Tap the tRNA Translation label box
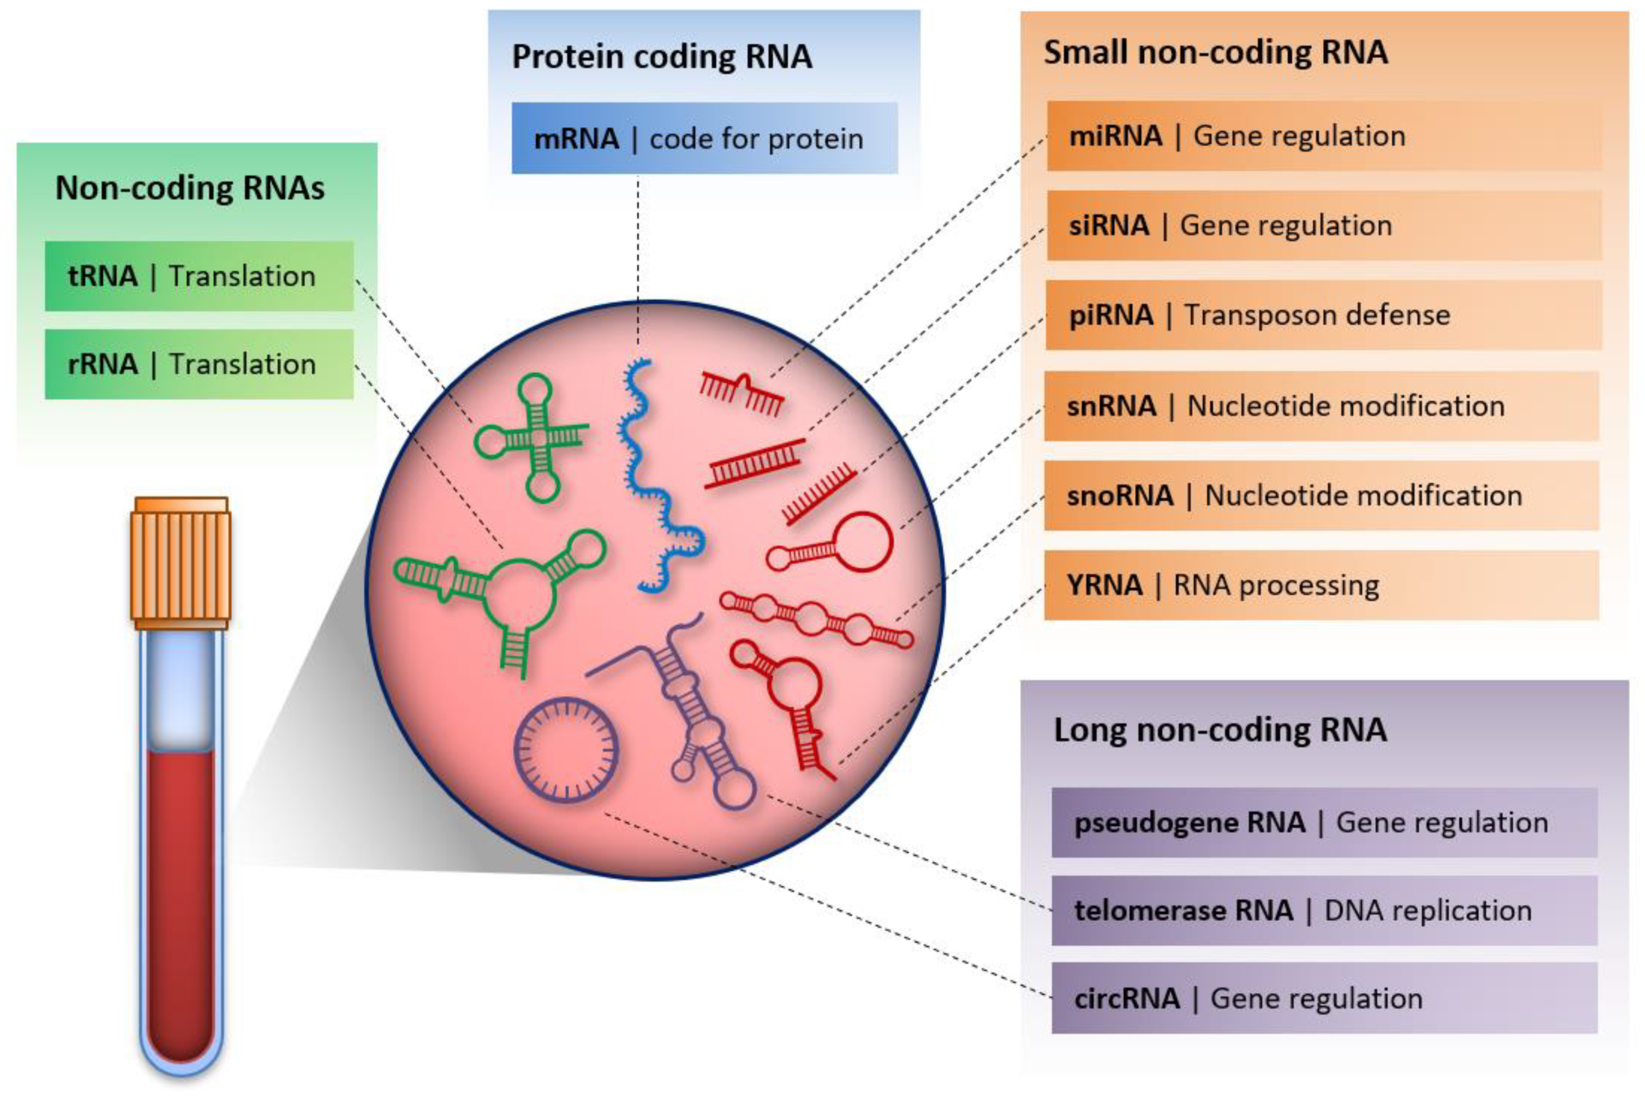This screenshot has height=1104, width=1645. tap(199, 276)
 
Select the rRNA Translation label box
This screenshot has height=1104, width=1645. tap(199, 364)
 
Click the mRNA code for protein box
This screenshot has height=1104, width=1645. tap(704, 139)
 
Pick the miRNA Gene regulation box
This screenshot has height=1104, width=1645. tap(1323, 136)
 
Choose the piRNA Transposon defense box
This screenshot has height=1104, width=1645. tap(1323, 315)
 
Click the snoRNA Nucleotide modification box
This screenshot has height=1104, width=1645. tap(1321, 496)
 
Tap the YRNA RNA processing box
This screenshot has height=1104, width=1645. tap(1321, 585)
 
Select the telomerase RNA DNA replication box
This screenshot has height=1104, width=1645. tap(1323, 911)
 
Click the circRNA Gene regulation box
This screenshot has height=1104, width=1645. tap(1323, 998)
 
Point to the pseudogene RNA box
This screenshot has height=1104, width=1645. tap(1323, 822)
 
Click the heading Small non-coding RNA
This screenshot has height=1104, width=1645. tap(1215, 53)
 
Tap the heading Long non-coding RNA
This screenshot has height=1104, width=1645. tap(1220, 730)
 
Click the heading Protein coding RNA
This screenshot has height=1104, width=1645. tap(662, 56)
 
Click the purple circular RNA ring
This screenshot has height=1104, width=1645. tap(567, 750)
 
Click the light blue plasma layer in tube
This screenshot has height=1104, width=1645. tap(182, 694)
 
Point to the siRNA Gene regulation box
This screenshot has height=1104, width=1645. tap(1323, 225)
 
